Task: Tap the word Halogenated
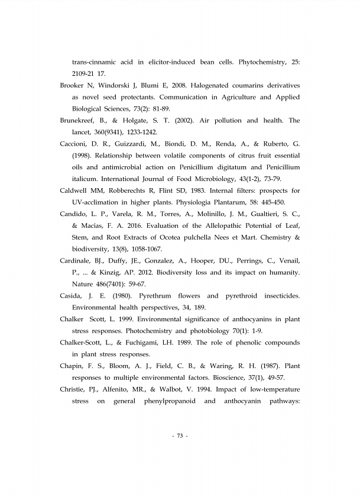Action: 212,86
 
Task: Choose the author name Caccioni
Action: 76,144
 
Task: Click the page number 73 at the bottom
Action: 179,436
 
